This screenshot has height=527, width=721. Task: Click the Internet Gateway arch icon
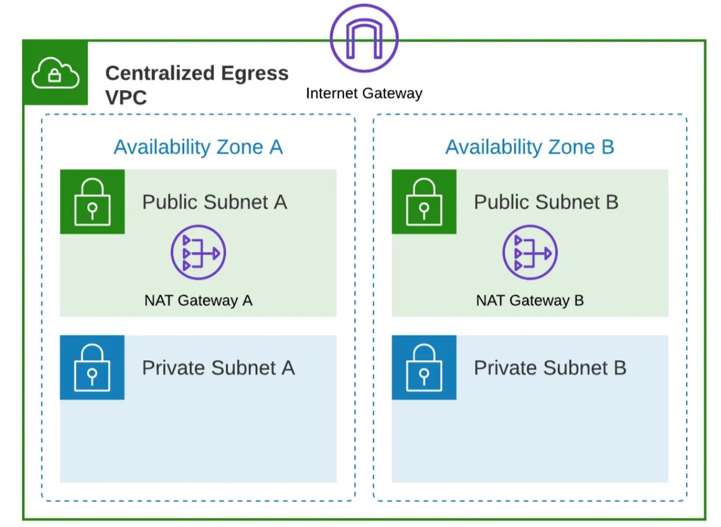[364, 38]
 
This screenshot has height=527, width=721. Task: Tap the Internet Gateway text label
[364, 93]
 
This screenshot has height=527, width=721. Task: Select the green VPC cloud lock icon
[55, 73]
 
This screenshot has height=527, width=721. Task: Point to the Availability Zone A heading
[198, 147]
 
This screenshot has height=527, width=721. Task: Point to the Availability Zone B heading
[529, 147]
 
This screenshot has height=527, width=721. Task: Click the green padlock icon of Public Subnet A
[92, 202]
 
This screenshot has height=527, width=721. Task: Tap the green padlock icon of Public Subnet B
[424, 202]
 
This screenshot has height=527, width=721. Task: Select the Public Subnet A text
[214, 202]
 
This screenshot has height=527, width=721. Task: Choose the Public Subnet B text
[546, 202]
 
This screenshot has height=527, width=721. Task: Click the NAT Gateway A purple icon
[198, 253]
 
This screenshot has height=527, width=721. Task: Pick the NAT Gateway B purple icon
[529, 253]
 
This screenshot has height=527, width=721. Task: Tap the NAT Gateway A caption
[198, 300]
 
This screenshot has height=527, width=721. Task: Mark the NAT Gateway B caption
[530, 300]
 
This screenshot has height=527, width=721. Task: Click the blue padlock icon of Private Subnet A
[92, 367]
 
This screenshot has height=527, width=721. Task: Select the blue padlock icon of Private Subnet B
[424, 367]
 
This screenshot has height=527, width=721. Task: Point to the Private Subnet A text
[218, 367]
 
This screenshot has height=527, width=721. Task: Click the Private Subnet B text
[550, 367]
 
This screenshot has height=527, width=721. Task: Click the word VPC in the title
[126, 98]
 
